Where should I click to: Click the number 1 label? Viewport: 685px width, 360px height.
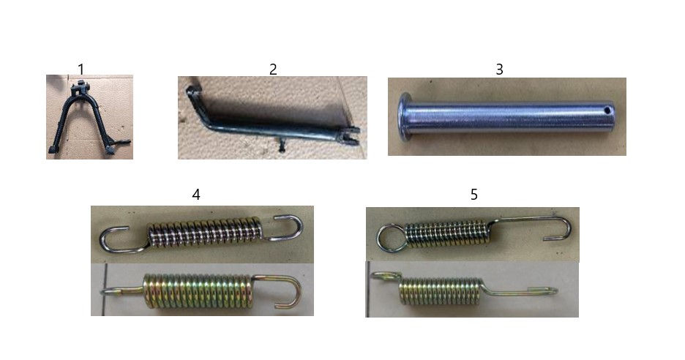click(x=81, y=69)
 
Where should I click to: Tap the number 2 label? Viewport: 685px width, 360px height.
click(x=273, y=69)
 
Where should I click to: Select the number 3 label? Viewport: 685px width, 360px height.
click(x=499, y=69)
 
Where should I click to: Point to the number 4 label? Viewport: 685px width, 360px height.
click(x=196, y=195)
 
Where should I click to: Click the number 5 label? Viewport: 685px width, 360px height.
click(x=474, y=195)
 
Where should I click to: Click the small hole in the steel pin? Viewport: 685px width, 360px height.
click(x=607, y=111)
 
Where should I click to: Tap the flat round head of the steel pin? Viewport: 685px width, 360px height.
click(x=404, y=116)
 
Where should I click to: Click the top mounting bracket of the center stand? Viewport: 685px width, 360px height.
click(x=81, y=89)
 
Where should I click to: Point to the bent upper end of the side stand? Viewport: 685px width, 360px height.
click(x=193, y=98)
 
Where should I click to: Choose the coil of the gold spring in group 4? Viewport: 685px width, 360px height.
click(x=198, y=291)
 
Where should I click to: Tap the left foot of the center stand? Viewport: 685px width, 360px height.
click(x=53, y=149)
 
